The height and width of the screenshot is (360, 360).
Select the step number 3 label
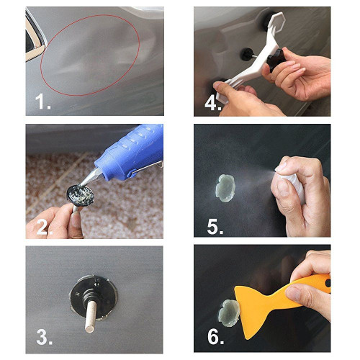pos(43,337)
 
